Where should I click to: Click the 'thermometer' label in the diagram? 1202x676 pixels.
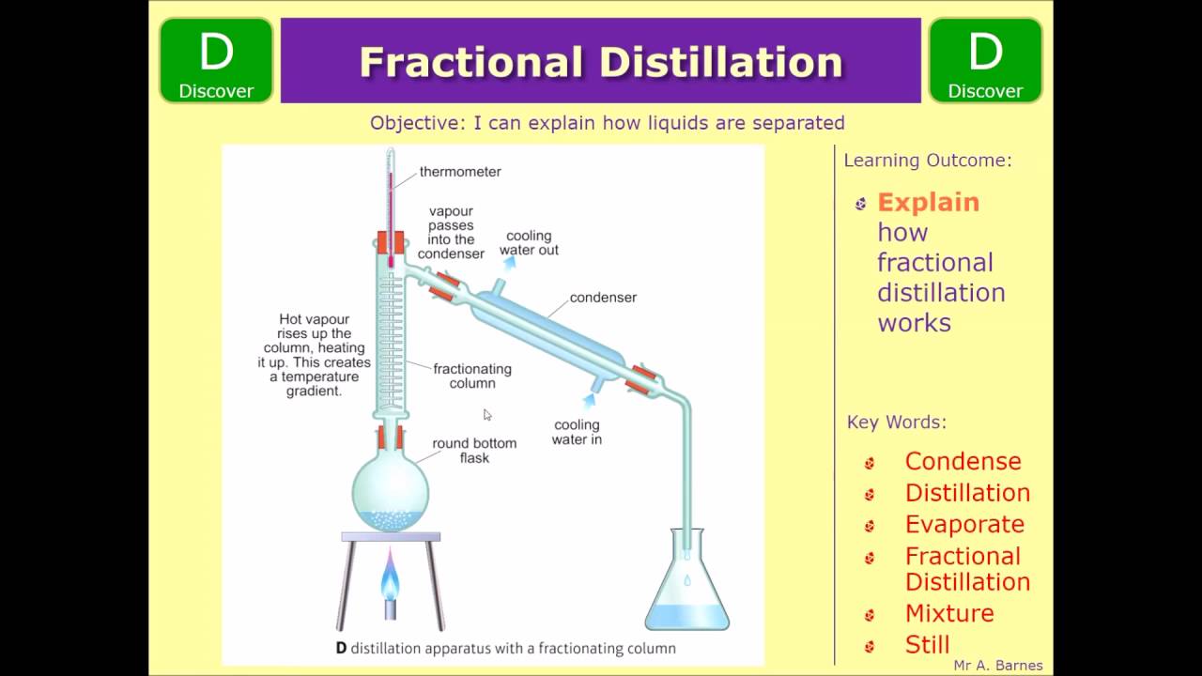460,172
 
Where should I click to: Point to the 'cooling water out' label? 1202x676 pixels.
529,243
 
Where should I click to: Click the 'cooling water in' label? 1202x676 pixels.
577,432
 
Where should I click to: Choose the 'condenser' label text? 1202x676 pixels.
603,298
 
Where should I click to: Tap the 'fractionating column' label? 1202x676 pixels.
472,376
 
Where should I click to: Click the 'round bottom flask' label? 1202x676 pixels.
474,451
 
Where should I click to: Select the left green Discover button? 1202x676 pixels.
216,61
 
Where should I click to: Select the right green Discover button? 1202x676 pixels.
985,61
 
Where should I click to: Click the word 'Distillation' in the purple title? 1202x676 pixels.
721,62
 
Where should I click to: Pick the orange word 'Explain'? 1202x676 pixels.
928,203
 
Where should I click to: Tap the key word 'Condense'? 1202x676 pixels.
963,461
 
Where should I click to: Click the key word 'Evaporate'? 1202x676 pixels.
964,524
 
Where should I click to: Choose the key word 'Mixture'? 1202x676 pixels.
949,613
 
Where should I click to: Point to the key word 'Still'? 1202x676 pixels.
927,644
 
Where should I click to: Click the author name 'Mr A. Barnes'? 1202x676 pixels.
997,666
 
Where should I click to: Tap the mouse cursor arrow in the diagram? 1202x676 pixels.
487,415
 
